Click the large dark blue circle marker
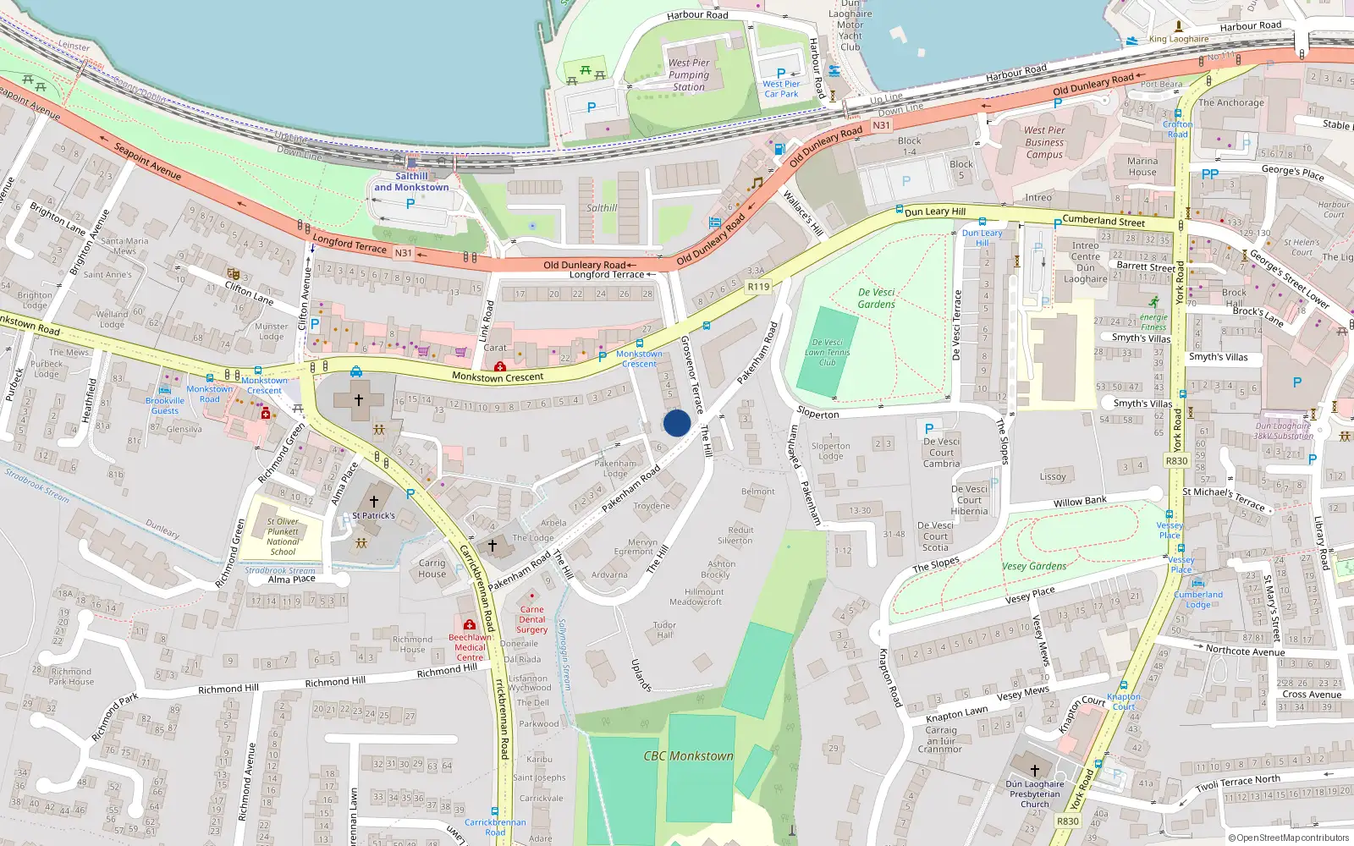(x=677, y=423)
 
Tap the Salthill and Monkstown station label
(x=411, y=182)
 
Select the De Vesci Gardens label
(x=876, y=298)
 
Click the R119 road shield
(x=758, y=287)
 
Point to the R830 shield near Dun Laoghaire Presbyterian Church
(x=1068, y=821)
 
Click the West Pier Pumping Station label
(x=689, y=74)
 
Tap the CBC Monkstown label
(x=688, y=755)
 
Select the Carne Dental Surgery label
(x=531, y=619)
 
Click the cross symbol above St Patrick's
(x=373, y=501)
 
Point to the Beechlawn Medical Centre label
(x=470, y=647)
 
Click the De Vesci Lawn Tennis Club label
(x=827, y=352)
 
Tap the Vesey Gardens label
(x=1034, y=566)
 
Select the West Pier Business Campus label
(x=1044, y=142)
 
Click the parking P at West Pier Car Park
(x=780, y=74)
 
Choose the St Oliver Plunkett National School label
(x=283, y=536)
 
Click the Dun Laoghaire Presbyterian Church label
(x=1034, y=794)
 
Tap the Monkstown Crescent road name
(x=498, y=377)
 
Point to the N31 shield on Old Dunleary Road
(x=881, y=125)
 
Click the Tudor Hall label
(x=664, y=630)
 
